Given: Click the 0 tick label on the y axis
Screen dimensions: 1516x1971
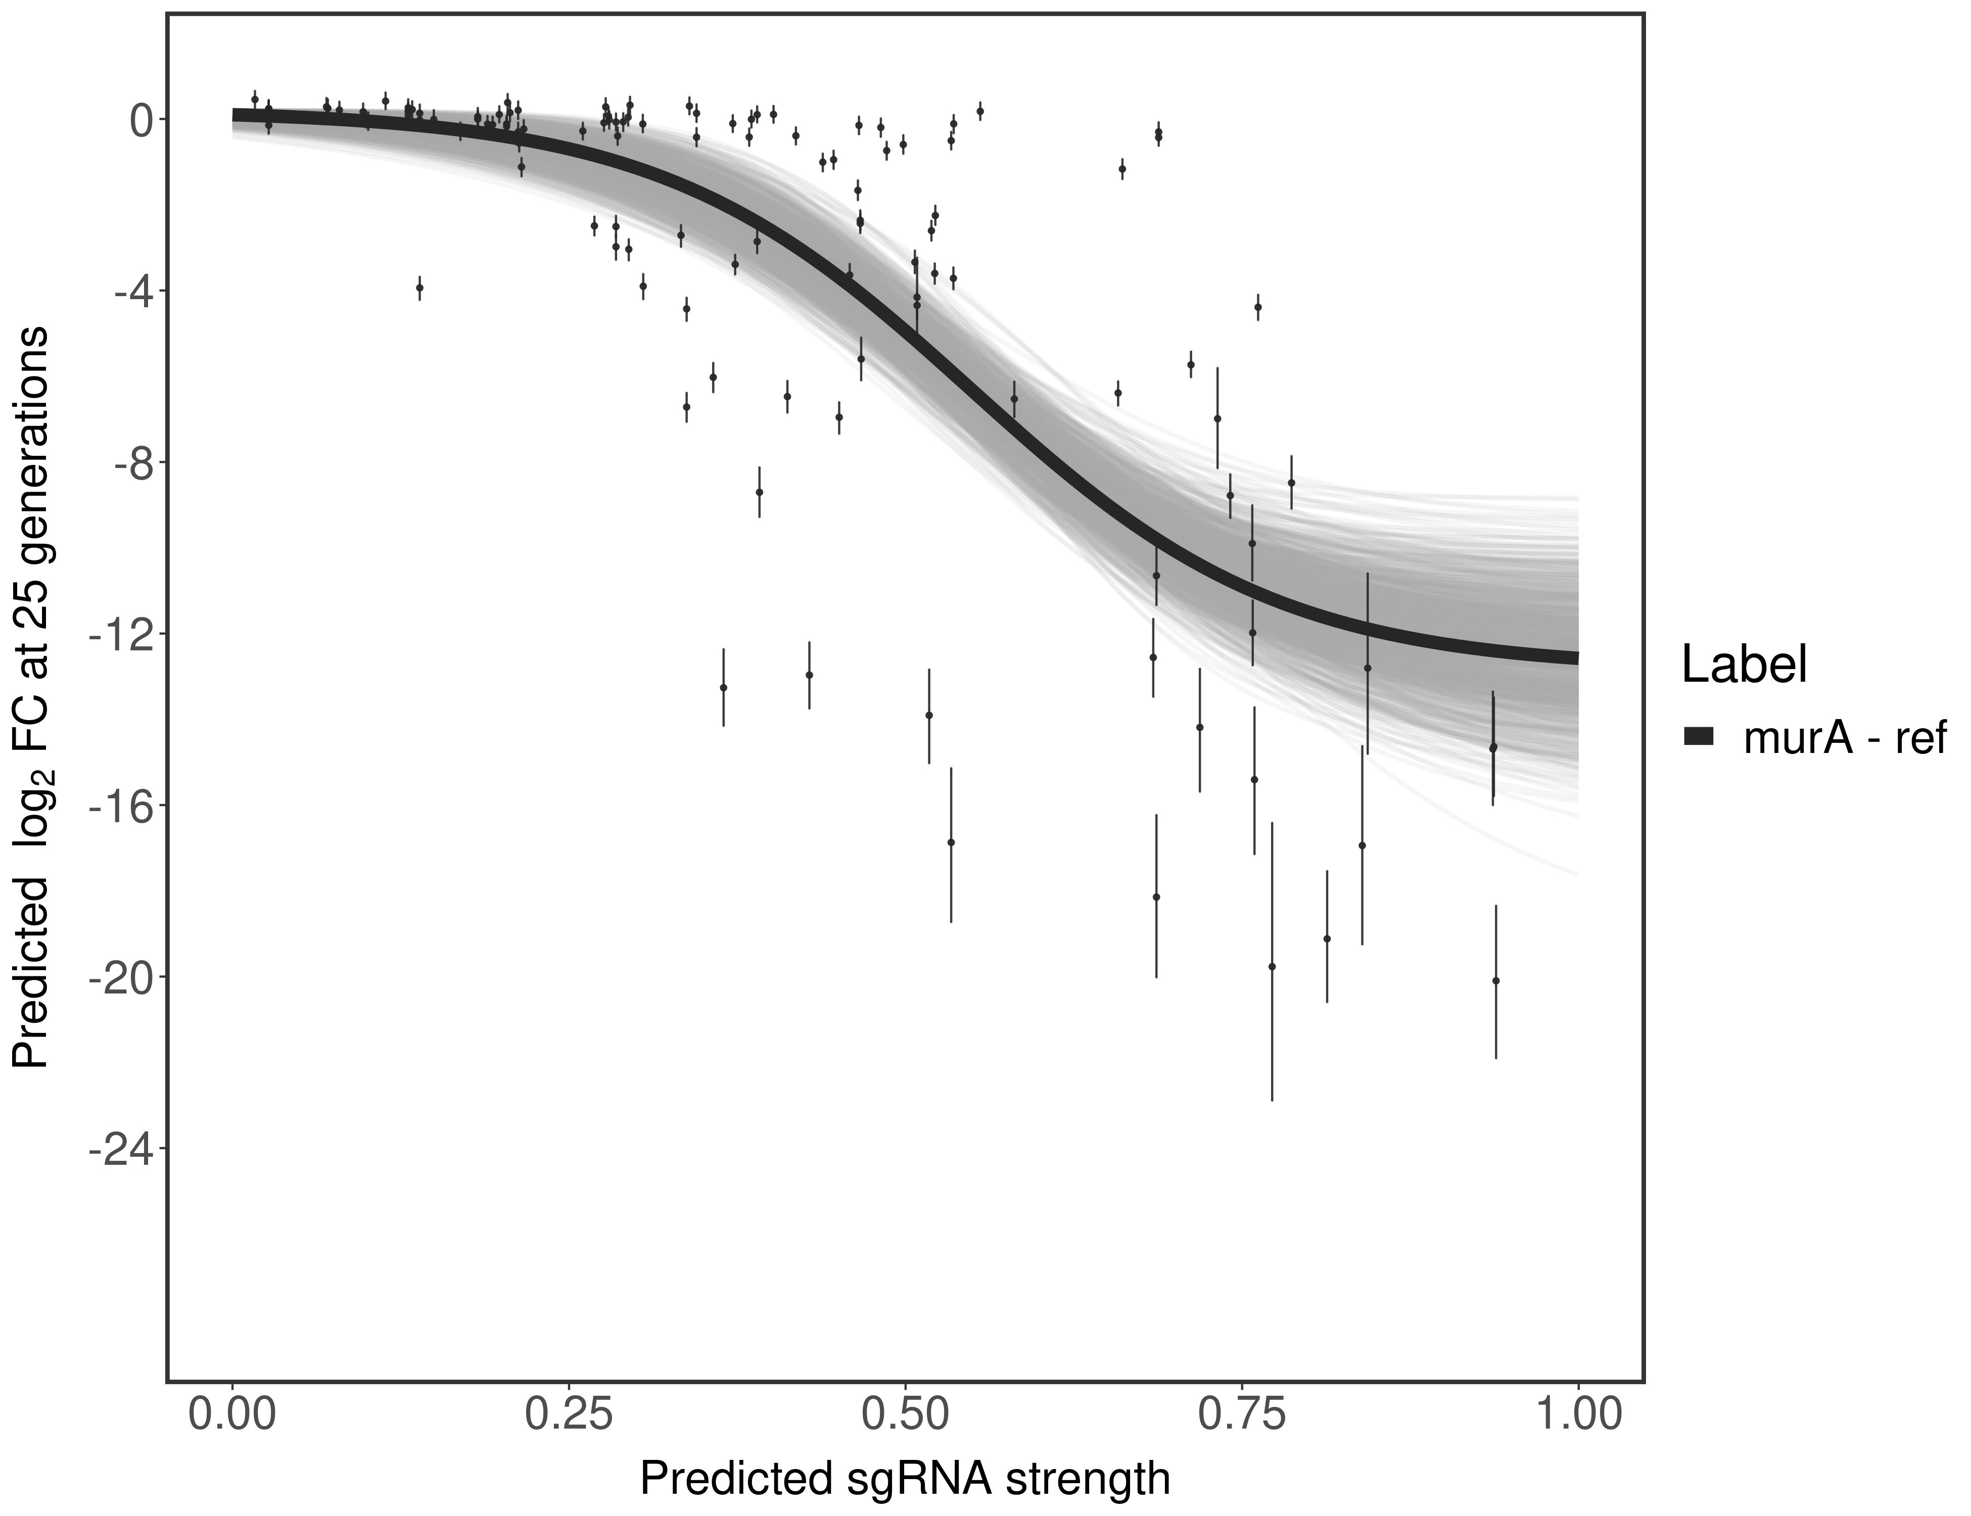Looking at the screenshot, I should tap(142, 120).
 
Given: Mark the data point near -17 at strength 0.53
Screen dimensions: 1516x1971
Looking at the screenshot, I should tap(950, 842).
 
